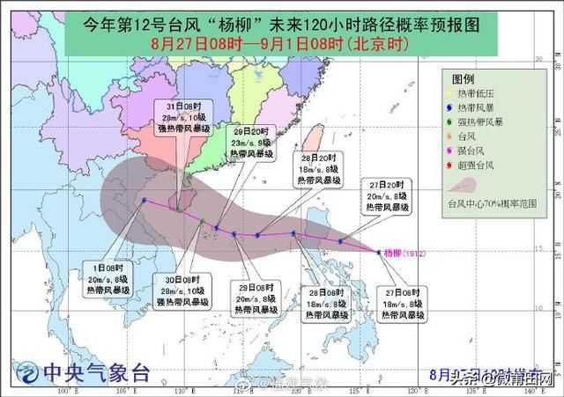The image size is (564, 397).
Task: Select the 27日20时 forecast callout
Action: [x=389, y=195]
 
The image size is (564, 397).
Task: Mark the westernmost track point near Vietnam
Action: [x=144, y=200]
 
